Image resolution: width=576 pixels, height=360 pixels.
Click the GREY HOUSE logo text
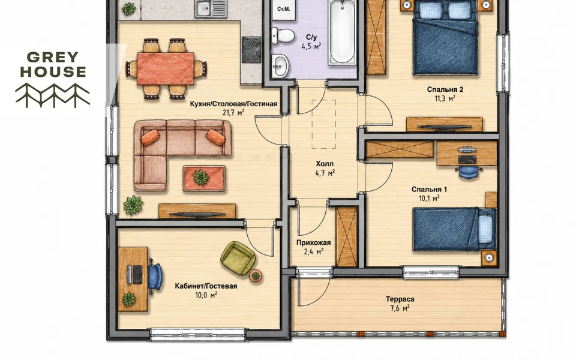click(x=53, y=65)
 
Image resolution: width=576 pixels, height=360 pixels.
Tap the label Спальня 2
click(x=445, y=89)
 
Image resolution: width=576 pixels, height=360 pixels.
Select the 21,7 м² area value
click(x=233, y=112)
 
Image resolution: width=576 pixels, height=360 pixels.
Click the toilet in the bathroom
click(x=283, y=35)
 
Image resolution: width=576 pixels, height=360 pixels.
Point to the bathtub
click(x=343, y=32)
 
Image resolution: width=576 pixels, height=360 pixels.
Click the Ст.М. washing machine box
click(x=284, y=9)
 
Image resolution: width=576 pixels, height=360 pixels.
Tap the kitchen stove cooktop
click(x=251, y=49)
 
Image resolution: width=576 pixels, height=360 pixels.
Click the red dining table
click(x=166, y=68)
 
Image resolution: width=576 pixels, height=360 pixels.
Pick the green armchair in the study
click(x=238, y=258)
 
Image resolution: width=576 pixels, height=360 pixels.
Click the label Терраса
click(x=400, y=299)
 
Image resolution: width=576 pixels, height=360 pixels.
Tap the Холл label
click(x=325, y=164)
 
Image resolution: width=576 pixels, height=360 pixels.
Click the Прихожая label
click(x=313, y=243)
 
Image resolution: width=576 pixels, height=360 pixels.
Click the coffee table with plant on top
click(x=204, y=178)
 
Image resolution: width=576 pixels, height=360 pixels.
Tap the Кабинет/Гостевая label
click(x=206, y=286)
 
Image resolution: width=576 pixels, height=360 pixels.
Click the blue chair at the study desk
click(x=155, y=276)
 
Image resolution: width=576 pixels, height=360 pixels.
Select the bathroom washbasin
click(x=280, y=66)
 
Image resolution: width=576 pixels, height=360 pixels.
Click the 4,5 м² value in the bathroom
click(x=311, y=46)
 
